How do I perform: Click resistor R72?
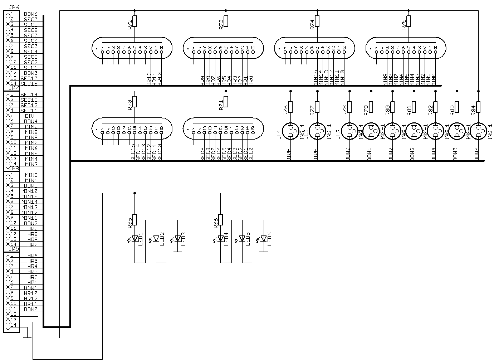pos(134,21)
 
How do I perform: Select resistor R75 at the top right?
pos(409,21)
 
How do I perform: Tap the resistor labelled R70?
pos(134,101)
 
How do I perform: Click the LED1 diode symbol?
pos(134,238)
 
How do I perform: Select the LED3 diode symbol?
pos(177,238)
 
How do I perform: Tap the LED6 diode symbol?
pos(264,238)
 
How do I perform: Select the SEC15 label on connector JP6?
pos(29,84)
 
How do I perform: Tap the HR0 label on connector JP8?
pos(32,229)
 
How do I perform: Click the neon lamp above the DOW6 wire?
pos(478,131)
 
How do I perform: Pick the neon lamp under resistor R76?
pos(290,131)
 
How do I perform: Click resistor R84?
pos(478,107)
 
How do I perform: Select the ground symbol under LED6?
pos(264,252)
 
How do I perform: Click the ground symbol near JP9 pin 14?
pos(27,337)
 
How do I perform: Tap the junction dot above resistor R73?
pos(226,11)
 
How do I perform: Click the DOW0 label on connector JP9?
pos(30,309)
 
